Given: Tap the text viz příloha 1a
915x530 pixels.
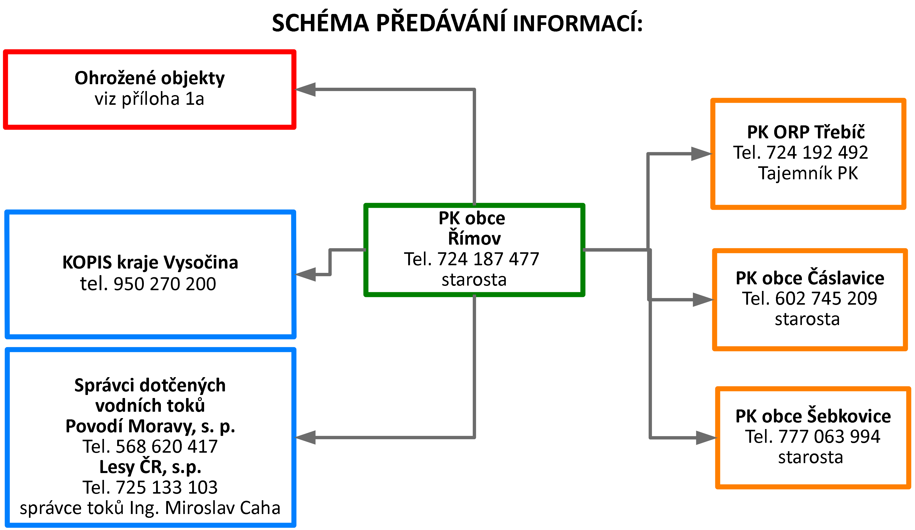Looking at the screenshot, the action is (x=149, y=99).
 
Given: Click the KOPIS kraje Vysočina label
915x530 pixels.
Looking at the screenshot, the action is (x=150, y=262).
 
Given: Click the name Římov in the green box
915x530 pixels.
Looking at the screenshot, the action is (x=474, y=238).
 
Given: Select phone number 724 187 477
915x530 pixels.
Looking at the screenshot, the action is (x=488, y=259).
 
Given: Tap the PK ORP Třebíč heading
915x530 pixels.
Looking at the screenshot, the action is (x=806, y=132).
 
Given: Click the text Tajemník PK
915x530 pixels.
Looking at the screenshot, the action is (x=808, y=173).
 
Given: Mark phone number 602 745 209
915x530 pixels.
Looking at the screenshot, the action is (x=826, y=299).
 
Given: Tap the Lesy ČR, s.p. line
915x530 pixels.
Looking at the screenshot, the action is (x=150, y=467).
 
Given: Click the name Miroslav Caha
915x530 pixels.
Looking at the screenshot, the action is (x=223, y=508).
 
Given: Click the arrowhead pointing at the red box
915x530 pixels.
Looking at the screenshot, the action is (x=306, y=89).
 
